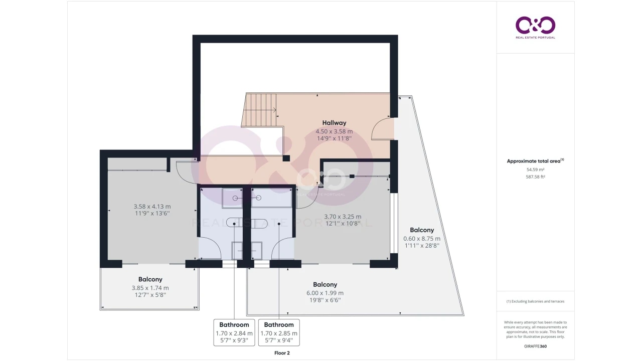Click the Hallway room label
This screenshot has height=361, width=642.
[334, 123]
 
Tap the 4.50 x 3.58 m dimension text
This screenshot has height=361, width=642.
[334, 131]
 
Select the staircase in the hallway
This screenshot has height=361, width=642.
[259, 110]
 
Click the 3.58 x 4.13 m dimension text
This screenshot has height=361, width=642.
[152, 206]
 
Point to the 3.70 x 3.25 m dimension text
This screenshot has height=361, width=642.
[343, 217]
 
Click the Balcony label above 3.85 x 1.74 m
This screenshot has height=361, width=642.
[150, 279]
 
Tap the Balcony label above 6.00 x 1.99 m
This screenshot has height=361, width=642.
[325, 284]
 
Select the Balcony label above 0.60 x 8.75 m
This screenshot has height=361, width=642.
[422, 230]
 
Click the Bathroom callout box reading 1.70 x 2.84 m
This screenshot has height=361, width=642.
[234, 332]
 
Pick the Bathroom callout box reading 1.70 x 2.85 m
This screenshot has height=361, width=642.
[279, 332]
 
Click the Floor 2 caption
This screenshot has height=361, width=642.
[282, 353]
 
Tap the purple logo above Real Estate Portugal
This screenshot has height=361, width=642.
[535, 25]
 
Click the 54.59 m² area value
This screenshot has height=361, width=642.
[535, 169]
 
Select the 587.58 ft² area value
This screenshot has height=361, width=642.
[535, 177]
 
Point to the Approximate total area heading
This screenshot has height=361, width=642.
[535, 161]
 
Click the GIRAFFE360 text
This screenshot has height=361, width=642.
[535, 346]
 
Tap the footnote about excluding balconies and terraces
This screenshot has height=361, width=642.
[535, 301]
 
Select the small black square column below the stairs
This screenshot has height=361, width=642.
[286, 158]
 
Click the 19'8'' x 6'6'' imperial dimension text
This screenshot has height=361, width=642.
[325, 300]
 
